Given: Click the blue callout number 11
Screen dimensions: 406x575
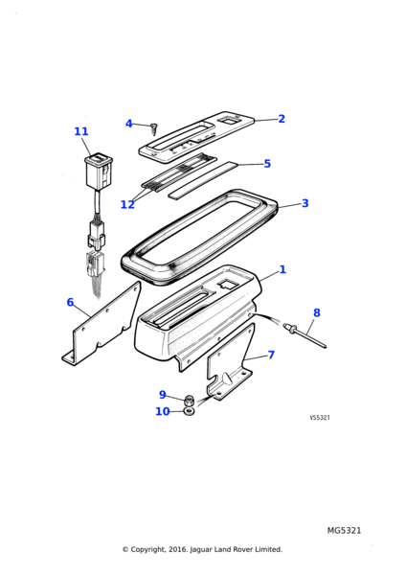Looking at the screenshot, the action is coord(81,131).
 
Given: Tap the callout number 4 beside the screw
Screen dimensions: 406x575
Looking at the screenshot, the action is coord(128,124).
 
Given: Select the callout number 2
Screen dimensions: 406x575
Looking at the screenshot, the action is coord(282,119).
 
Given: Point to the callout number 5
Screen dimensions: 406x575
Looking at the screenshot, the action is coord(267,164).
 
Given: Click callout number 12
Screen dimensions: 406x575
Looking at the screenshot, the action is coord(127,205).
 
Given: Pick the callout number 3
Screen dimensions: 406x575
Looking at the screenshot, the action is coord(305,203).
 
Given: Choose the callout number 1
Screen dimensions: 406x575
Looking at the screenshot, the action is coord(282,269).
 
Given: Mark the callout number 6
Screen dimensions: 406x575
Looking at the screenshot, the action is coord(70,302).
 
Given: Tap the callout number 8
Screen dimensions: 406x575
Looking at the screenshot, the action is coord(317,312).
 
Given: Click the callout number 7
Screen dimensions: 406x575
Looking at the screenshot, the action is coord(271,355).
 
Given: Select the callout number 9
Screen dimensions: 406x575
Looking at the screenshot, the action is coord(163,395).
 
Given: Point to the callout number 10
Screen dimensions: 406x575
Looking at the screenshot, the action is coord(163,411).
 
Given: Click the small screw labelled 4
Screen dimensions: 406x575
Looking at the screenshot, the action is coord(153,129).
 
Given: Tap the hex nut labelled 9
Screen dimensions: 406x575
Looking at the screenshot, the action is coord(189,400).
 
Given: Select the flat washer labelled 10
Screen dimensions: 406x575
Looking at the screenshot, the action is coord(189,411).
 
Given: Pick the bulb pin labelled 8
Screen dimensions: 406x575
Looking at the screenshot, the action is coord(304,334).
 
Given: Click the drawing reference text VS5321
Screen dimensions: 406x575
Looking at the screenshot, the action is coord(320,418).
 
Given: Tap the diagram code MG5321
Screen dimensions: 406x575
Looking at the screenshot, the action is coord(344,530).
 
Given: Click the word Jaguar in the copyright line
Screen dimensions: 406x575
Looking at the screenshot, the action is coord(202,549).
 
